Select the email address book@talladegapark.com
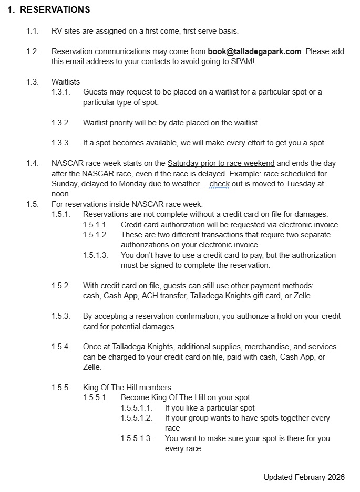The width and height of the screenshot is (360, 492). click(254, 51)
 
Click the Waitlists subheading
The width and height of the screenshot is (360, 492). click(66, 82)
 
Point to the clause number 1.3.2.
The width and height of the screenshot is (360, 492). click(60, 123)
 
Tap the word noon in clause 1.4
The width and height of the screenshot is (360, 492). click(60, 194)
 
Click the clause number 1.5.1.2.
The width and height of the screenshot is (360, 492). click(95, 235)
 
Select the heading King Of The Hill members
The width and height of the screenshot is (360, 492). click(127, 388)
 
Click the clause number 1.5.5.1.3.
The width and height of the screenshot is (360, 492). click(136, 438)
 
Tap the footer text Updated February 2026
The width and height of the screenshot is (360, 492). click(304, 477)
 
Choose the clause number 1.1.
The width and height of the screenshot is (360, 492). click(33, 31)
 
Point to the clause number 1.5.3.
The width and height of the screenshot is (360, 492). click(60, 317)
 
